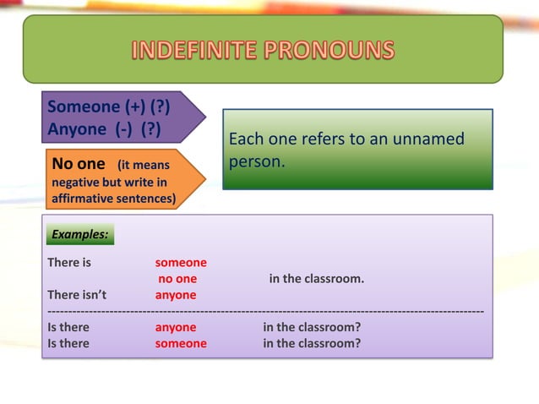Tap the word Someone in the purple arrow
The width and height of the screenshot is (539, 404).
(84, 107)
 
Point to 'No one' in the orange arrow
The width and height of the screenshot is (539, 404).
(79, 164)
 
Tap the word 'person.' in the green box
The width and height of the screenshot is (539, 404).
(257, 161)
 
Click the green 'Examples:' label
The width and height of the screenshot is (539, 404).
(79, 234)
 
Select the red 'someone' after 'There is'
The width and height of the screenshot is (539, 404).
(181, 263)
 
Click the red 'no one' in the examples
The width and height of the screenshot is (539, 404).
(177, 279)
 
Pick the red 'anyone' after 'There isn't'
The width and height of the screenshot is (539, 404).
(176, 295)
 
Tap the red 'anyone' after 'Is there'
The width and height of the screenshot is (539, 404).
(176, 327)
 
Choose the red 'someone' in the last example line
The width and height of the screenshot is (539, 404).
(181, 343)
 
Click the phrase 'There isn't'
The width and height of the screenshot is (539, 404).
(77, 295)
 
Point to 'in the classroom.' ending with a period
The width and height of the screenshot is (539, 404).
(317, 279)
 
